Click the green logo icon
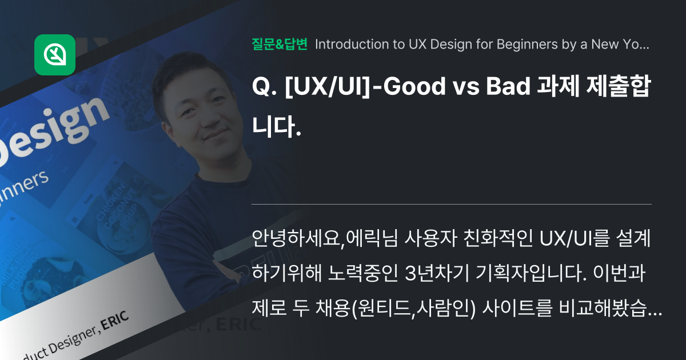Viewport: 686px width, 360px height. tap(55, 55)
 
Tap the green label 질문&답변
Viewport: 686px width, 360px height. tap(280, 44)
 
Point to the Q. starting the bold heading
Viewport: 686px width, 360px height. tap(264, 87)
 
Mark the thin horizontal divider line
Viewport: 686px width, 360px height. tap(452, 203)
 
